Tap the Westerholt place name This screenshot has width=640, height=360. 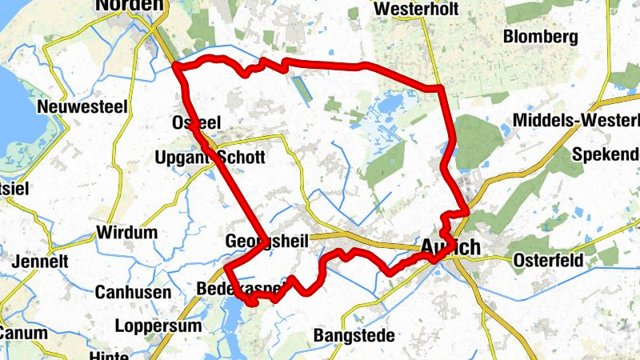(x=409, y=9)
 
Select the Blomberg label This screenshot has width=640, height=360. (x=540, y=37)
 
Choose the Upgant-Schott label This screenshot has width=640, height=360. (x=209, y=158)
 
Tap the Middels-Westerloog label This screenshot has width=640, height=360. (x=576, y=120)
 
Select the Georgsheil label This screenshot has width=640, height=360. (x=266, y=241)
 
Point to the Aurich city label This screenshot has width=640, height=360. (x=450, y=248)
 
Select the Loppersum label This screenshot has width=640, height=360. (x=154, y=326)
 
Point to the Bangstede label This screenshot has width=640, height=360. (x=354, y=335)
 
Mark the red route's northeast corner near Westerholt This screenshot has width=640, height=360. (x=439, y=86)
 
